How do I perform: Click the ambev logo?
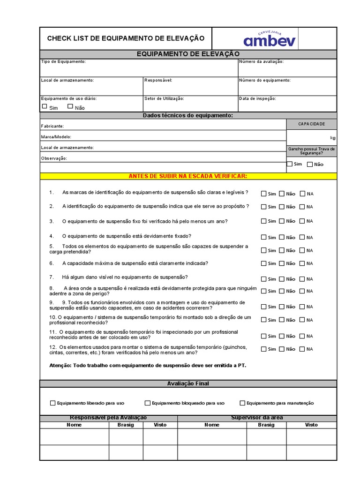pos(270,38)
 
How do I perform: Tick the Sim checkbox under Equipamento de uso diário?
pos(45,106)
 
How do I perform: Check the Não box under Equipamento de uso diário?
pos(70,106)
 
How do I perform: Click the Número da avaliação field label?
pos(261,61)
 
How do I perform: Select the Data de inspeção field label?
pos(257,98)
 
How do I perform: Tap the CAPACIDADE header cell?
pos(311,124)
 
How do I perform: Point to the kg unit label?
pos(332,138)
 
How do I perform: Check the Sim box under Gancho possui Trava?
pos(289,164)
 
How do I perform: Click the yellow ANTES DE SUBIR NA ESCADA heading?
pos(188,176)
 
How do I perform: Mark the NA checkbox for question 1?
pos(302,193)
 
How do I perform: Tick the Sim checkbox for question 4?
pos(264,237)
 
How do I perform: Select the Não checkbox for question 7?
pos(282,279)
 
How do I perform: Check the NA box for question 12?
pos(302,349)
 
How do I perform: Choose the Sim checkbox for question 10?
pos(264,320)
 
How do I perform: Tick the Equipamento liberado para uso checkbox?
pos(52,403)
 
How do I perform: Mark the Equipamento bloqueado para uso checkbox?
pos(148,403)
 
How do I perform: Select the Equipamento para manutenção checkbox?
pos(242,403)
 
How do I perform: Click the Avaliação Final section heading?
pos(188,383)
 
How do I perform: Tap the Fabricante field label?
pos(52,126)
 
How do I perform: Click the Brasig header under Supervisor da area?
pos(266,425)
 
